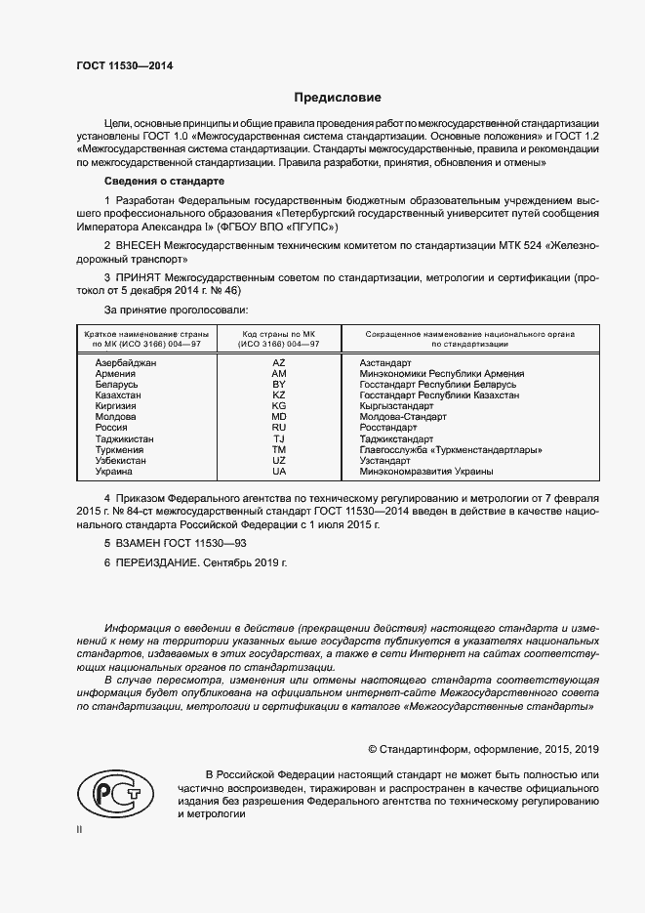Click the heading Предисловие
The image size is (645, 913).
pyautogui.click(x=338, y=98)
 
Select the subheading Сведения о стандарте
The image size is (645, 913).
pyautogui.click(x=164, y=182)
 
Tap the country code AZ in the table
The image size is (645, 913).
pyautogui.click(x=278, y=362)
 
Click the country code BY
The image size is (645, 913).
pyautogui.click(x=278, y=384)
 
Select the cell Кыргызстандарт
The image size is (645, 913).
pyautogui.click(x=396, y=405)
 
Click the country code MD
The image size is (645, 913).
pyautogui.click(x=278, y=416)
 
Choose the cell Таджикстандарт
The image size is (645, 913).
pyautogui.click(x=396, y=438)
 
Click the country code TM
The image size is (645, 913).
pyautogui.click(x=278, y=449)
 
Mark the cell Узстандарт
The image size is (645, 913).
pyautogui.click(x=384, y=460)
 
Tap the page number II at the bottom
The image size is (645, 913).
pyautogui.click(x=80, y=829)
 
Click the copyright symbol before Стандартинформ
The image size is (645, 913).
pyautogui.click(x=372, y=749)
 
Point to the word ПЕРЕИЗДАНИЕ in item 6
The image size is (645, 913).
pyautogui.click(x=157, y=563)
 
